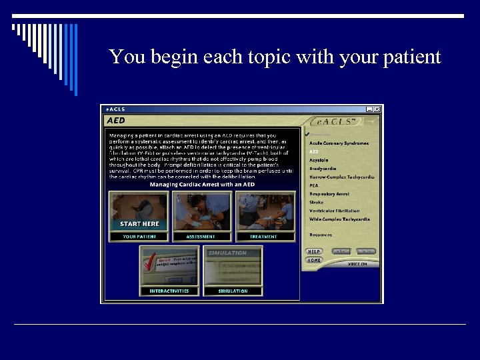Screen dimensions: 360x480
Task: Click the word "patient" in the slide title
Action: (x=411, y=57)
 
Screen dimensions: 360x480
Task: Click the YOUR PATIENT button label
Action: (x=139, y=237)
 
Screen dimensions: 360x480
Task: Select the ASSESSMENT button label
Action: (x=201, y=237)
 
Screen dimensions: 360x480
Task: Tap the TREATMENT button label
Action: (x=264, y=237)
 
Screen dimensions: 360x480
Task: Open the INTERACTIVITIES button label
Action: (x=169, y=291)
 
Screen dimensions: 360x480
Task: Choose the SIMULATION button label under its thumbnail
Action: (x=233, y=291)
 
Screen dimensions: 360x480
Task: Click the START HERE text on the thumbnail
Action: (x=139, y=224)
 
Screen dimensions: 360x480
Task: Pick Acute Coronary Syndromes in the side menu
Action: (x=339, y=143)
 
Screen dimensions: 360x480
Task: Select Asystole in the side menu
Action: (x=319, y=160)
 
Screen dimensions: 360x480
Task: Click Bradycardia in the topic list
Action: (x=323, y=169)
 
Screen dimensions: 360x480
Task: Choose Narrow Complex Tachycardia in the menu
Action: (x=342, y=177)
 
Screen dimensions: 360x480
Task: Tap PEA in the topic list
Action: (x=314, y=185)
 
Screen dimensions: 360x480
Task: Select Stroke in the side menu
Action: (x=317, y=202)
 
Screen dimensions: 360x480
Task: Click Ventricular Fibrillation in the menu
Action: (x=334, y=211)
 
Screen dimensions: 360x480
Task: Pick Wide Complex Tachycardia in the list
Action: (x=339, y=219)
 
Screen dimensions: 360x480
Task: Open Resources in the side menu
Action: (x=321, y=235)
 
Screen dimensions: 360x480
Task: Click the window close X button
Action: (x=377, y=109)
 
